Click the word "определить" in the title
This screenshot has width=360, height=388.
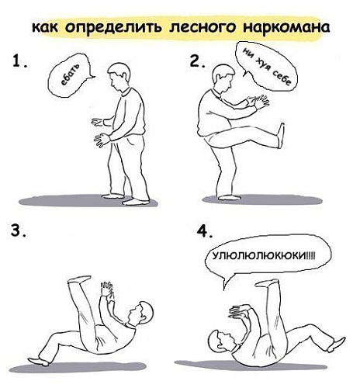[x=114, y=27]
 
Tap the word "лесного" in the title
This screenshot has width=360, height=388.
[x=202, y=27]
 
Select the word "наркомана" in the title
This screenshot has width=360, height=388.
[x=286, y=28]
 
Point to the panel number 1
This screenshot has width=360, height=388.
[x=19, y=61]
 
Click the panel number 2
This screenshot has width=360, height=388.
[x=197, y=61]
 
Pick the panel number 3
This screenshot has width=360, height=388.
[x=18, y=230]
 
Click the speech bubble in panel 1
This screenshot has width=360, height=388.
[x=69, y=75]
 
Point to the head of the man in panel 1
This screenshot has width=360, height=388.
[x=119, y=76]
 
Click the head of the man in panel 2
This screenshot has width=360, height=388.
[x=222, y=78]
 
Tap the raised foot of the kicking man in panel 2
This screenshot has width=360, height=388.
[x=281, y=136]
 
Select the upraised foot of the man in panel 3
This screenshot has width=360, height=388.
[x=79, y=279]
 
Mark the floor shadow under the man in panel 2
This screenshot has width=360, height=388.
[x=262, y=199]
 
